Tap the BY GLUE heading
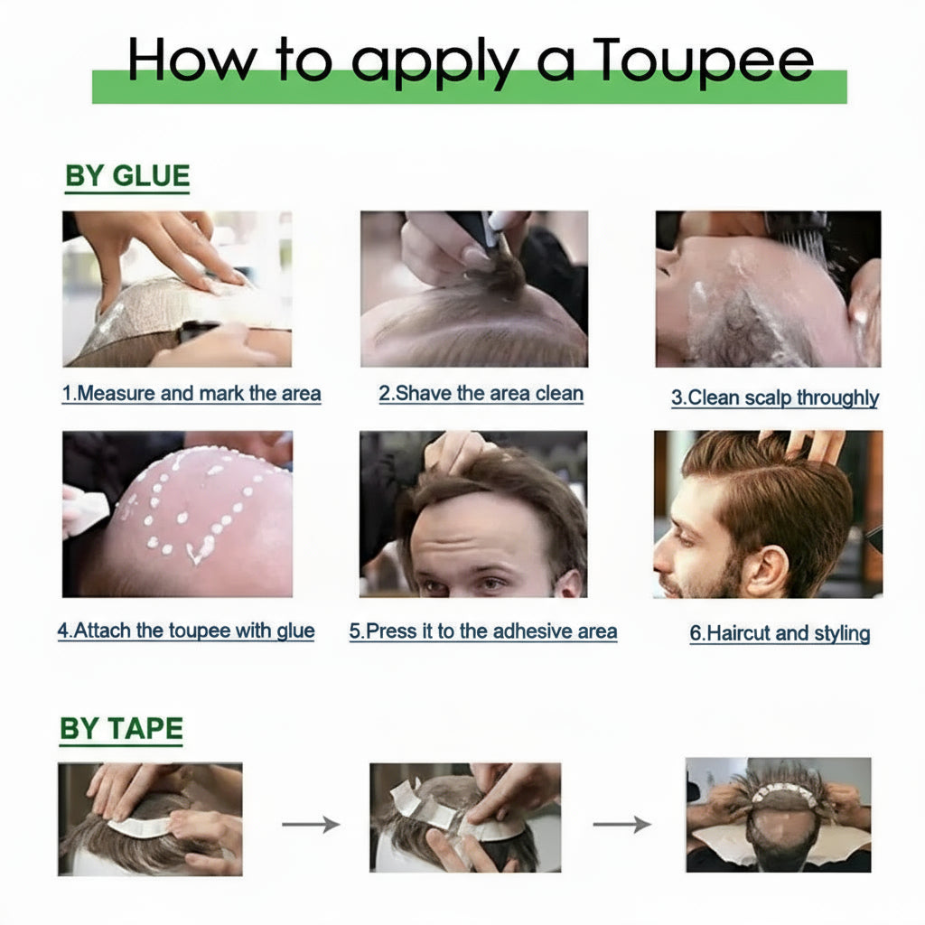[x=127, y=176]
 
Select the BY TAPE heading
[x=121, y=729]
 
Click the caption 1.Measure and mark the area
[x=192, y=395]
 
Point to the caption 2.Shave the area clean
[x=481, y=394]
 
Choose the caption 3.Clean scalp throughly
[x=774, y=398]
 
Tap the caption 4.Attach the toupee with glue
[x=186, y=631]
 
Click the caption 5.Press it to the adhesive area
[x=483, y=631]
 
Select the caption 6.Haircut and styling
[x=780, y=633]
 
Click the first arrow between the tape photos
[x=311, y=824]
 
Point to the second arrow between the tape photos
[x=621, y=824]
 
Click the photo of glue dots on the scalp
[x=177, y=513]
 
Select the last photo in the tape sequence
[x=779, y=815]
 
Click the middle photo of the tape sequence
[x=464, y=817]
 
